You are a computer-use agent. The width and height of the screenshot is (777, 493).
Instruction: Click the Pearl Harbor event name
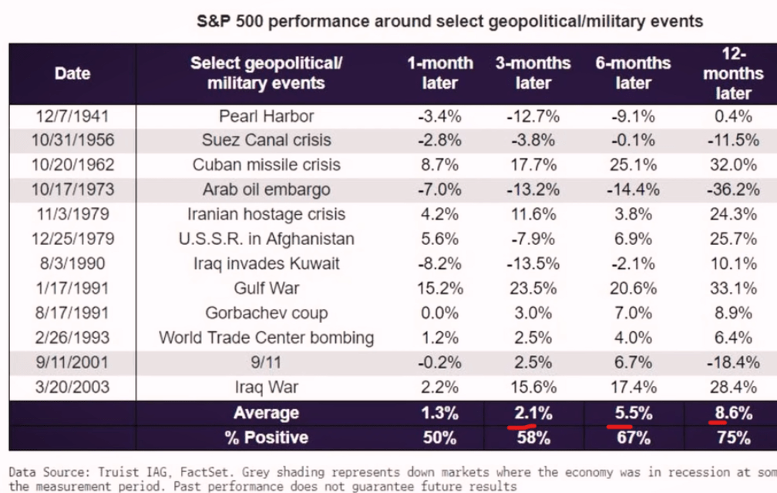click(266, 116)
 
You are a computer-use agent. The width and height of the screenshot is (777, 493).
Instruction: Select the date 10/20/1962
click(72, 165)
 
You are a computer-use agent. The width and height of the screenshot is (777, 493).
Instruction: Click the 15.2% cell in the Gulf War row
click(440, 288)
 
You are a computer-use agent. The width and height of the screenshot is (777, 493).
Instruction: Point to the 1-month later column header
click(440, 72)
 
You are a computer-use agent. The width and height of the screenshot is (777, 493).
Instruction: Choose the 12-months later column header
click(732, 72)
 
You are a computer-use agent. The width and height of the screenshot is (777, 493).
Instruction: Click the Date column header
click(72, 73)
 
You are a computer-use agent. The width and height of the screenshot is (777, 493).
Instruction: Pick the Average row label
click(266, 413)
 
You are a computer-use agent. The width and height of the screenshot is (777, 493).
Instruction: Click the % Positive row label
click(266, 438)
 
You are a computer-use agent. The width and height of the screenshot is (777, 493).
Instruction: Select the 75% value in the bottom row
click(732, 438)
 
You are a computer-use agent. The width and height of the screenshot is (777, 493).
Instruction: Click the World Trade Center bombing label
click(266, 337)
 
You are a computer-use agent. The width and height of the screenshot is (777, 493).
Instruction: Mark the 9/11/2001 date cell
click(72, 362)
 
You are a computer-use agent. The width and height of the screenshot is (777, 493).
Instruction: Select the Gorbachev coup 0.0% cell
click(440, 313)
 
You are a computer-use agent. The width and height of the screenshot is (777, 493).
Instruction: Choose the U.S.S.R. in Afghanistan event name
click(266, 239)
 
